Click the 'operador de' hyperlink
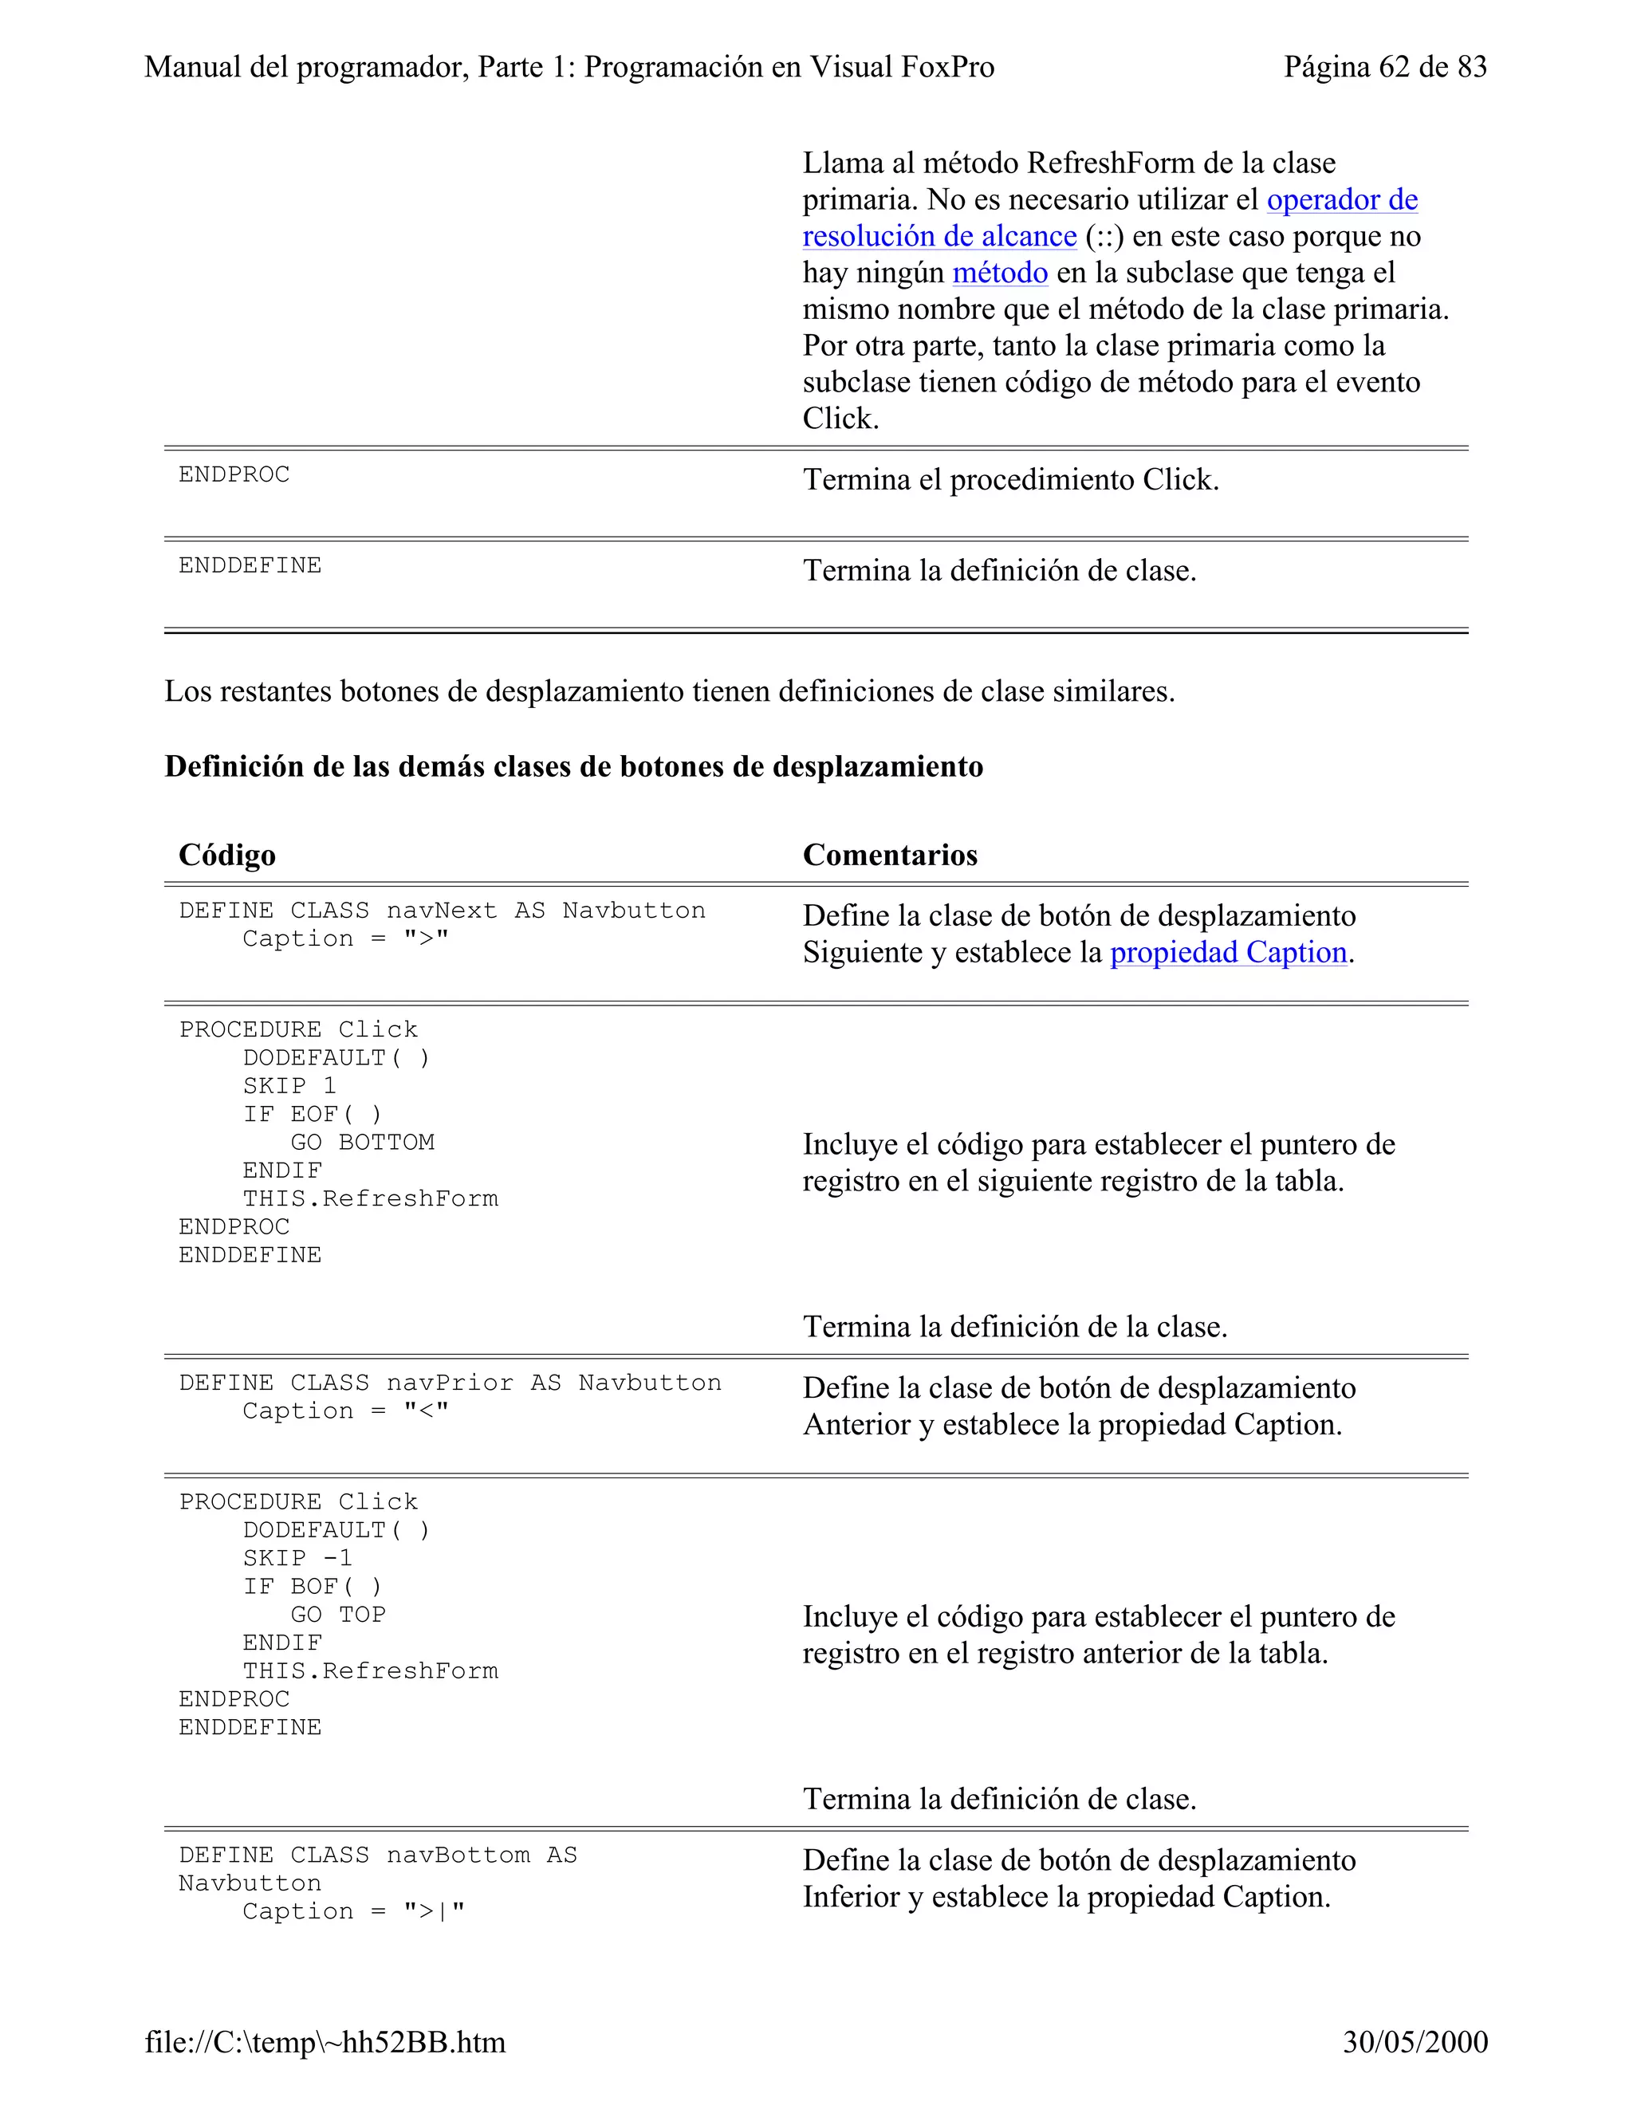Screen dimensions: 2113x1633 pyautogui.click(x=1342, y=199)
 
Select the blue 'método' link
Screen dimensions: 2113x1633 pyautogui.click(x=999, y=273)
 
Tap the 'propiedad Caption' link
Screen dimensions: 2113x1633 pyautogui.click(x=1228, y=953)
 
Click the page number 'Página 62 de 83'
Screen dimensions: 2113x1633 pyautogui.click(x=1384, y=67)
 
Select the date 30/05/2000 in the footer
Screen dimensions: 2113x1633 pyautogui.click(x=1415, y=2041)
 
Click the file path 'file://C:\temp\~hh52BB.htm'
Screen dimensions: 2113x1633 pyautogui.click(x=325, y=2041)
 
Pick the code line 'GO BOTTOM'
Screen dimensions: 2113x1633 pyautogui.click(x=363, y=1143)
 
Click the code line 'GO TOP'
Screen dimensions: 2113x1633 pyautogui.click(x=339, y=1615)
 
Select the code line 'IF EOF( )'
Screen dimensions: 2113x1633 pyautogui.click(x=313, y=1115)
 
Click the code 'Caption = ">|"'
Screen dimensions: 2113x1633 pyautogui.click(x=353, y=1912)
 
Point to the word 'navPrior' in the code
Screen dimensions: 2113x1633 pyautogui.click(x=450, y=1383)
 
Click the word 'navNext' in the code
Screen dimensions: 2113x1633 pyautogui.click(x=441, y=911)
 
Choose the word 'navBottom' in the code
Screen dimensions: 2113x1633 pyautogui.click(x=458, y=1855)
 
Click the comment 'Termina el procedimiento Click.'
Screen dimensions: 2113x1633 pyautogui.click(x=1011, y=480)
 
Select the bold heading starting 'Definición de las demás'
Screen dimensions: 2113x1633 pyautogui.click(x=573, y=766)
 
